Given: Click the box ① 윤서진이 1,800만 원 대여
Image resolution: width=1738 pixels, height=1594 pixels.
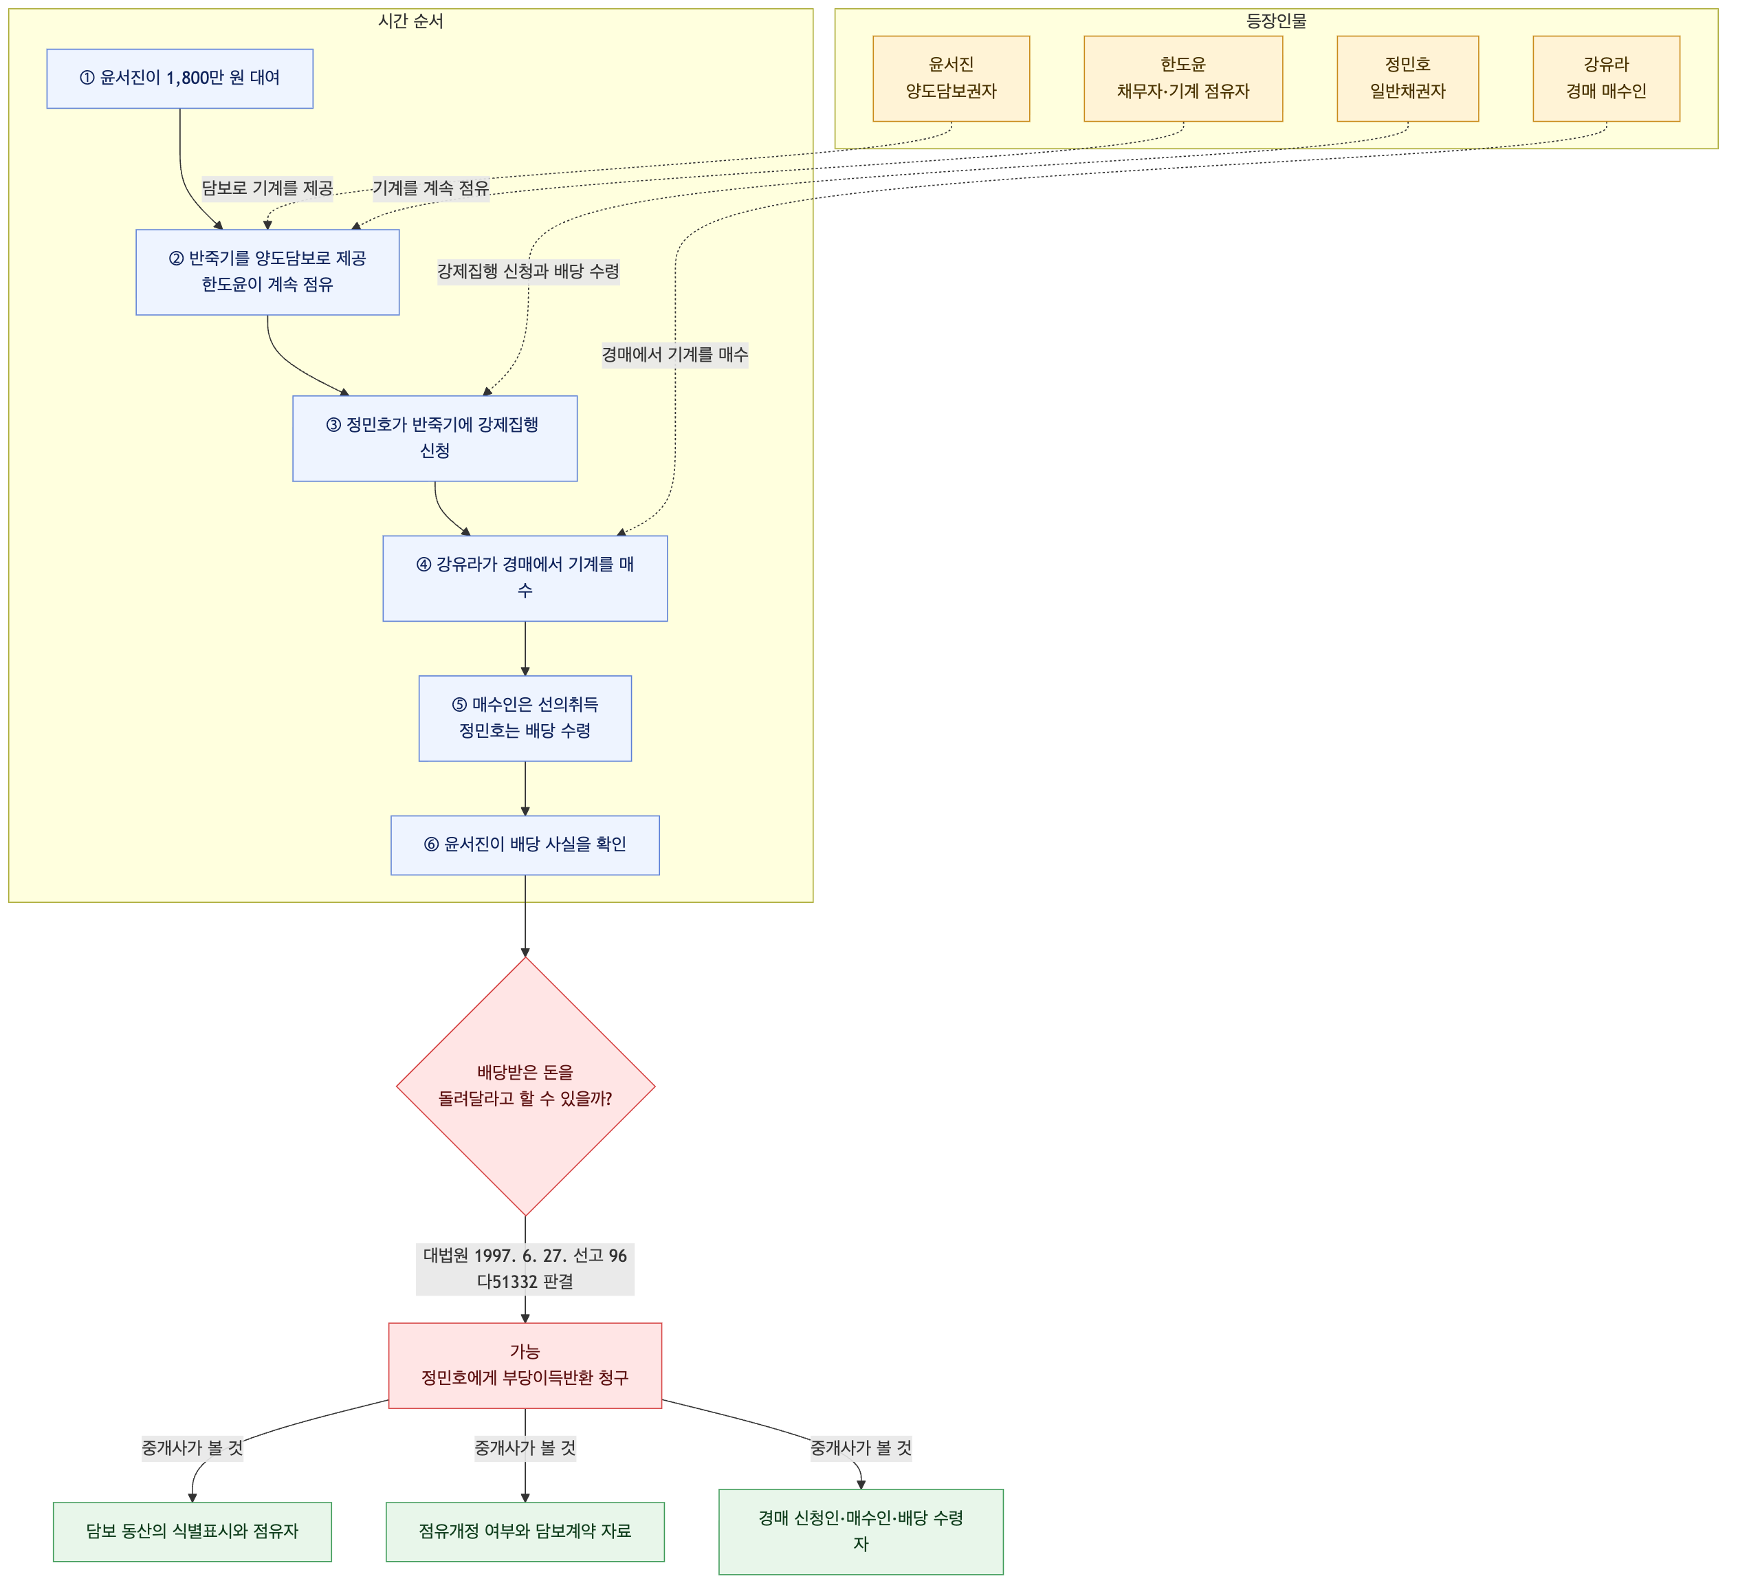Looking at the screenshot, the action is point(179,78).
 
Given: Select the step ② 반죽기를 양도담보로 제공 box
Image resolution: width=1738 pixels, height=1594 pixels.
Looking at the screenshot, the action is point(267,272).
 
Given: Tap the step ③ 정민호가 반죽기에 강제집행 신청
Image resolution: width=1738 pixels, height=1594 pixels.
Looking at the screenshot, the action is point(434,438).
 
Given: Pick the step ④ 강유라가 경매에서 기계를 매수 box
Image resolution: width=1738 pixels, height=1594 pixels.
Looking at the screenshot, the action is point(525,578).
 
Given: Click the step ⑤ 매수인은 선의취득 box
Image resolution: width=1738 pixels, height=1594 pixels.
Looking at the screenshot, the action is point(525,719).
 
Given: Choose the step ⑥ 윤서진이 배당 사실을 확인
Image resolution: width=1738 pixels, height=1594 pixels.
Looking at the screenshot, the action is point(525,844).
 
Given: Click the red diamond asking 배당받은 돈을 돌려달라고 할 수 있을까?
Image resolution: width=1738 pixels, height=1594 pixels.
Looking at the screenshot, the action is point(525,1086).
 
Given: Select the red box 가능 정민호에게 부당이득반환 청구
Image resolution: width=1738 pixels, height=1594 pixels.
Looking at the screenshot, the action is point(525,1366).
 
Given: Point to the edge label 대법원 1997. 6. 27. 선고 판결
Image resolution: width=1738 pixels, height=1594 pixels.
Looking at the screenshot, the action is point(525,1269).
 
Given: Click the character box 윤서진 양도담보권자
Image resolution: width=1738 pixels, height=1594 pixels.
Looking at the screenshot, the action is point(951,78).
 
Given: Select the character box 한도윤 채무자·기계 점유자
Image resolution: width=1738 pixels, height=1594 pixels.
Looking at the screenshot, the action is point(1183,78).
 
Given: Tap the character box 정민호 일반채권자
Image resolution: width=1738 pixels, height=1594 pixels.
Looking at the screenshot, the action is point(1407,78).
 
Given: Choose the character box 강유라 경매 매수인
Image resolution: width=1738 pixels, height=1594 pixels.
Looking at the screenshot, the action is point(1606,78).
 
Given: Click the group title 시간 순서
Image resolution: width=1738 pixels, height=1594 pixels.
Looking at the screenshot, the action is point(410,21).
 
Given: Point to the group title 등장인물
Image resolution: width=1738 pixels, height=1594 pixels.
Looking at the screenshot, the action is point(1277,21).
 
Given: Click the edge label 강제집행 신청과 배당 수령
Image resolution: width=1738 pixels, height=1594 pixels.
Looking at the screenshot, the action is point(529,272).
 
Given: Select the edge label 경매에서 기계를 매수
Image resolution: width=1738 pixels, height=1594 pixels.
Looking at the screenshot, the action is point(675,355).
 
